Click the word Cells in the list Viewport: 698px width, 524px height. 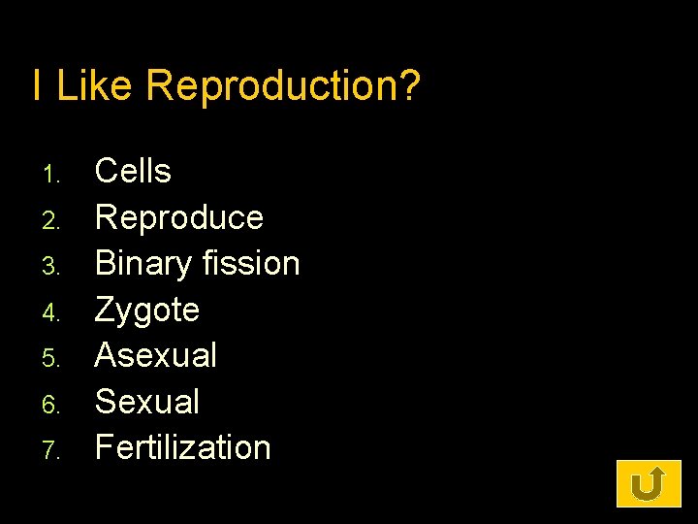[133, 172]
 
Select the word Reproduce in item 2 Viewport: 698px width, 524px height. [179, 217]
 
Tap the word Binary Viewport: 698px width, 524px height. [141, 264]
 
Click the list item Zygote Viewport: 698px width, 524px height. [146, 311]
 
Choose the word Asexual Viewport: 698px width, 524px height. [155, 355]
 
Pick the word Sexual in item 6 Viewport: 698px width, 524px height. [146, 402]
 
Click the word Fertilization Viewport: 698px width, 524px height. [182, 447]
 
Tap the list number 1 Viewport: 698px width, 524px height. [52, 176]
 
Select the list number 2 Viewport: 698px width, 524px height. [52, 221]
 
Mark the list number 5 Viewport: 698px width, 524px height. [52, 359]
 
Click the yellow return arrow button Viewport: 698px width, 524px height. [649, 483]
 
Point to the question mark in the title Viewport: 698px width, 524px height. [410, 85]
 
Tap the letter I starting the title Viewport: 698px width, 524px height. [37, 85]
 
